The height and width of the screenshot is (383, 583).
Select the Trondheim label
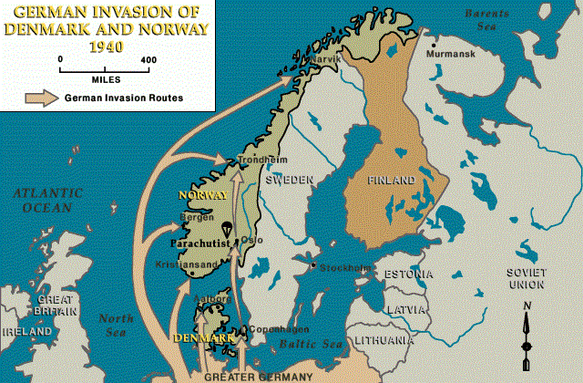click(256, 160)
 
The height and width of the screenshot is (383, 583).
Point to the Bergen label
click(198, 217)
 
